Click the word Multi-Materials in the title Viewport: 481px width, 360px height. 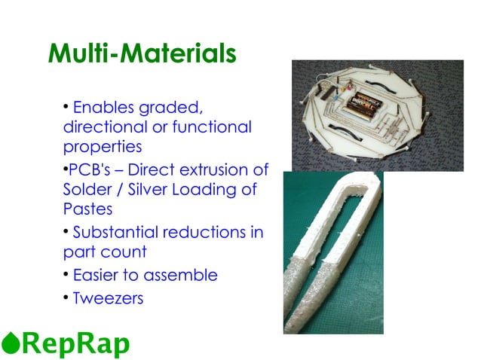pyautogui.click(x=141, y=54)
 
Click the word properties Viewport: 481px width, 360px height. pyautogui.click(x=102, y=146)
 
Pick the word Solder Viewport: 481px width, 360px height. pyautogui.click(x=86, y=189)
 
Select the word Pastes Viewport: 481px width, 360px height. pyautogui.click(x=87, y=209)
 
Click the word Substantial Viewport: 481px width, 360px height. pyautogui.click(x=115, y=232)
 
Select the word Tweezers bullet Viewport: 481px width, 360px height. pyautogui.click(x=108, y=298)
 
